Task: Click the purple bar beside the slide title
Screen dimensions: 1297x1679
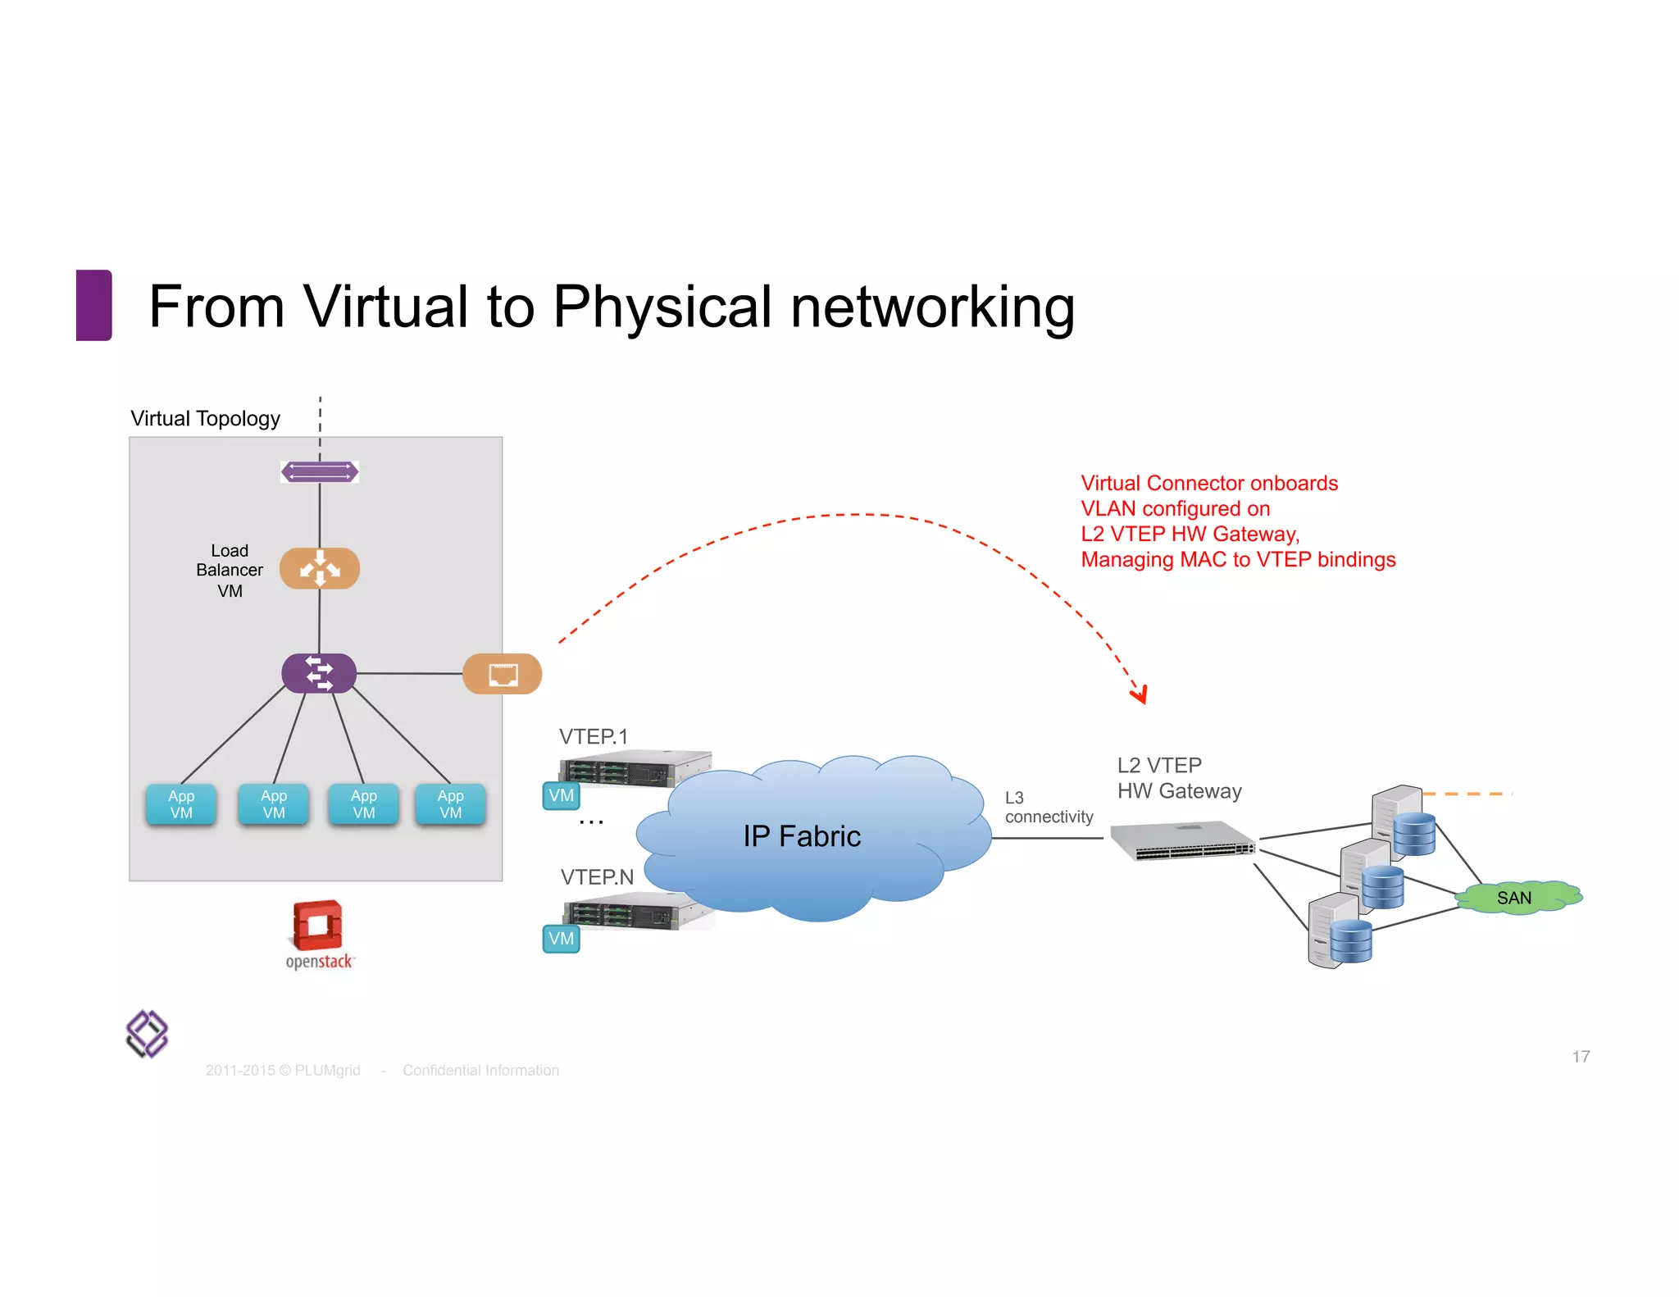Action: coord(93,305)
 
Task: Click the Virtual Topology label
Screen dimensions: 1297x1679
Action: coord(205,419)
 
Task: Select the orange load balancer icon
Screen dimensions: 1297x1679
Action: coord(320,568)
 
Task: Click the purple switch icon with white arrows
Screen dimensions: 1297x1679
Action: coord(319,673)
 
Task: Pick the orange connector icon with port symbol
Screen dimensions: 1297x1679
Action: coord(503,674)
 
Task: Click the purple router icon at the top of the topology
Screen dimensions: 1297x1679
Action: coord(320,471)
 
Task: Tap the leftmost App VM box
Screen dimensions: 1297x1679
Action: coord(181,804)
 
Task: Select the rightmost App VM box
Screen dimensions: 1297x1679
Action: coord(450,804)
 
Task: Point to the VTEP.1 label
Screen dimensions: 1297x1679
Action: coord(594,736)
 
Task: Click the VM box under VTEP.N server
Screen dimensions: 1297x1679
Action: coord(561,939)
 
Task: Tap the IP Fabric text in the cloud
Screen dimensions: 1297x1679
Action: coord(802,836)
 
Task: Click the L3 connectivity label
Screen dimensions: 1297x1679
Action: coord(1048,808)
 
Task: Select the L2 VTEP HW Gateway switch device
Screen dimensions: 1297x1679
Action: coord(1183,841)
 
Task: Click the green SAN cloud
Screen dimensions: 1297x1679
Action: coord(1517,898)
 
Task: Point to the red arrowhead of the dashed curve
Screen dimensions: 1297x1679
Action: coord(1140,696)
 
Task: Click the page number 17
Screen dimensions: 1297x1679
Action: coord(1581,1057)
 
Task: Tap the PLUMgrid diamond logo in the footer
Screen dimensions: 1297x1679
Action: coord(147,1034)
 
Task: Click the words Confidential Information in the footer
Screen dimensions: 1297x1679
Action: coord(480,1071)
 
